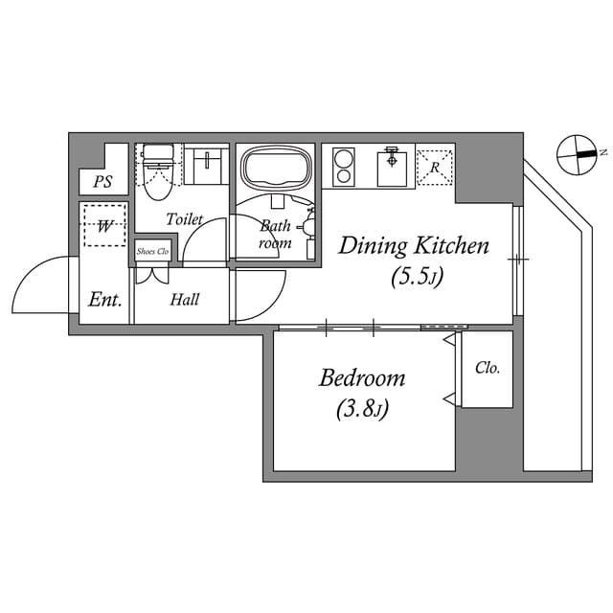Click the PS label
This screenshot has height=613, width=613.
(102, 182)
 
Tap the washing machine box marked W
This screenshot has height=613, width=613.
(104, 226)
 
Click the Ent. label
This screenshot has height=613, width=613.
(104, 300)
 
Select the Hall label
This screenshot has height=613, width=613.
(185, 300)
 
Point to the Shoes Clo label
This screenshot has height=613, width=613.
(152, 252)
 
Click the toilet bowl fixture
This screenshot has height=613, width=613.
(157, 172)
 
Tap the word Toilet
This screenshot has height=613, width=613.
(184, 219)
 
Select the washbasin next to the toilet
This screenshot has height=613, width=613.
(203, 167)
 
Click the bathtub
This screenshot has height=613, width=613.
(276, 169)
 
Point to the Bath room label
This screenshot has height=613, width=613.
(276, 235)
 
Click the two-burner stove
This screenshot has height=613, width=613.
(342, 169)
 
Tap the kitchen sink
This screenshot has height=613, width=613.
(391, 169)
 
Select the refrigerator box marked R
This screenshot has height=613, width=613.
(435, 168)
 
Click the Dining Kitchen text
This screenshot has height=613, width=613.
(414, 246)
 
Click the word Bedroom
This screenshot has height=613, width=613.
(361, 377)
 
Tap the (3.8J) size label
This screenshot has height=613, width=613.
(361, 410)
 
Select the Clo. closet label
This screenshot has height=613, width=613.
(487, 368)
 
